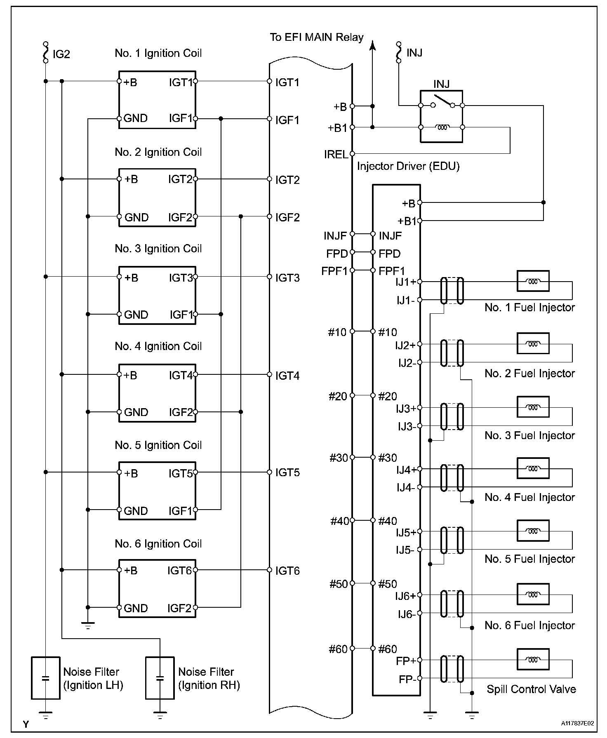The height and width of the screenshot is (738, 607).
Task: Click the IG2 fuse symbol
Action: tap(45, 52)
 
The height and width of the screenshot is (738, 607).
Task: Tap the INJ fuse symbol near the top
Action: tap(398, 52)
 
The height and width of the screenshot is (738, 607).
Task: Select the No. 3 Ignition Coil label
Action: tap(158, 249)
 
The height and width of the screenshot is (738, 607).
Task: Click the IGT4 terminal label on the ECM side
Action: tap(287, 376)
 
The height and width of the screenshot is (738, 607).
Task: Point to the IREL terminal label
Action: tap(336, 155)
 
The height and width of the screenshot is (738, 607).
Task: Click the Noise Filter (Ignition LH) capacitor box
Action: tap(46, 678)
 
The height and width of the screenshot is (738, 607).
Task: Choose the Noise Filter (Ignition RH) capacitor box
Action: tap(160, 678)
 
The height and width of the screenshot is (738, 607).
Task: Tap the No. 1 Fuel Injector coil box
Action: tap(533, 282)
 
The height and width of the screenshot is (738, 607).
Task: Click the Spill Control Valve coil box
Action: tap(533, 660)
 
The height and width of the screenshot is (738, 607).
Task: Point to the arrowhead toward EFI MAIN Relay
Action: tap(372, 45)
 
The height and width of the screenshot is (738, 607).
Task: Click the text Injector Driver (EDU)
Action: tap(408, 167)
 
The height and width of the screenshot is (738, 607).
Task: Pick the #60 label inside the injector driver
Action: tap(388, 650)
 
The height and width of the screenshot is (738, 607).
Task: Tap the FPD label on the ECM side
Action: tap(337, 254)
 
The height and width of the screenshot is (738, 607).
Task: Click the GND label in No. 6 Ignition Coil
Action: tap(136, 609)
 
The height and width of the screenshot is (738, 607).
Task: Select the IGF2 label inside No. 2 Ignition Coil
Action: tap(180, 217)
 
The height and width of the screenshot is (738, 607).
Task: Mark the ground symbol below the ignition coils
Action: tap(88, 625)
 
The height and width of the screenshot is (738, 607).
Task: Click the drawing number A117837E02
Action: tap(577, 723)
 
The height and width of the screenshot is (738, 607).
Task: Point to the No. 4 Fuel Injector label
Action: tap(529, 498)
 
